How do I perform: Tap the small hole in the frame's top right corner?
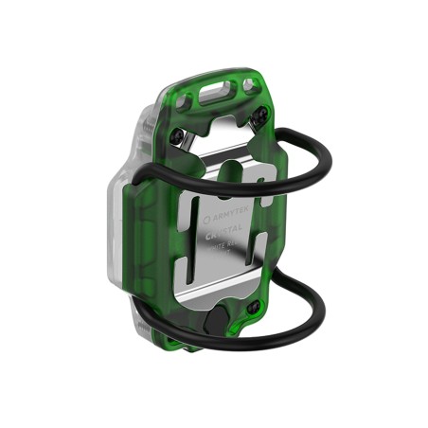(x=250, y=87)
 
